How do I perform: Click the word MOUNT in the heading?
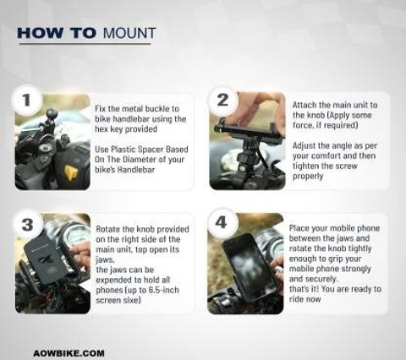coord(129,33)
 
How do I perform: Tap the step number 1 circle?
coord(26,100)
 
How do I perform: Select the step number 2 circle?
coord(222,100)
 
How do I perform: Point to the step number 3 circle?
coord(28,225)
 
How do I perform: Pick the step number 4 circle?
coord(222,222)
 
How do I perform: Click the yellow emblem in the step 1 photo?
coord(70,172)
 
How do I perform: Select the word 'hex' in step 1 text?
coord(101,129)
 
